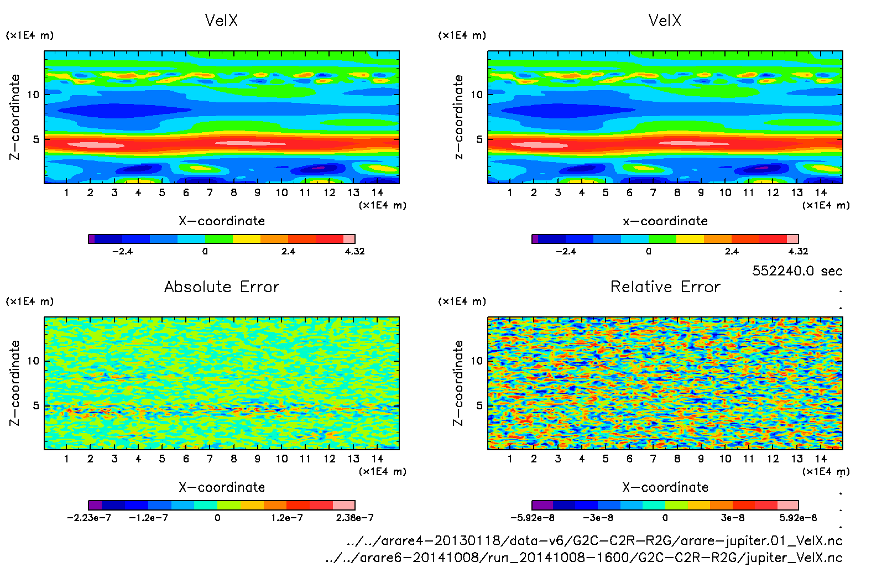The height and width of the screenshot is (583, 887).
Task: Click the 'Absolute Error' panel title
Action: [x=222, y=287]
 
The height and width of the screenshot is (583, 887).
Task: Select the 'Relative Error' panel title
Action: [x=665, y=287]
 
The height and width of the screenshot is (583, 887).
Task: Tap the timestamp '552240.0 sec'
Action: [x=797, y=271]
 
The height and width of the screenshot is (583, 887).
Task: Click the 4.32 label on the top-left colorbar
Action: [x=354, y=251]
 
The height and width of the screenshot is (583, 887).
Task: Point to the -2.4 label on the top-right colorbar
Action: [x=566, y=251]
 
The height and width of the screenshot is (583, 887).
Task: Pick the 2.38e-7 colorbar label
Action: [x=354, y=518]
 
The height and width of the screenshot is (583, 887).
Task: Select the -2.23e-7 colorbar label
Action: [x=88, y=518]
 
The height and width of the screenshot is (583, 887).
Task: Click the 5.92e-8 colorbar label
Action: [x=798, y=518]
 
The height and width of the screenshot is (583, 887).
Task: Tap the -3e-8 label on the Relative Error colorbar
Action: [x=597, y=518]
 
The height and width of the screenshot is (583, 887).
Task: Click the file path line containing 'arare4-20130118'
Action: [x=594, y=540]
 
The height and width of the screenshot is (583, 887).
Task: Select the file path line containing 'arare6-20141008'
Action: [x=584, y=558]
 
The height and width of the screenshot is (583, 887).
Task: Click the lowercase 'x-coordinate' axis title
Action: [x=665, y=221]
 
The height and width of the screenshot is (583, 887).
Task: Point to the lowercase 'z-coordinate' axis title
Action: [x=458, y=117]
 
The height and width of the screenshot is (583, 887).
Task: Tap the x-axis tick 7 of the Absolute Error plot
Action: [x=210, y=459]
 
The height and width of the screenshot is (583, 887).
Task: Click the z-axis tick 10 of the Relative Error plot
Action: [x=477, y=361]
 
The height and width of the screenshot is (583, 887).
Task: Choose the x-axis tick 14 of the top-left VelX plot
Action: [x=377, y=192]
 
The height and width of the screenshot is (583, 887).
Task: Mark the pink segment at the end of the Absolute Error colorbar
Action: [x=343, y=505]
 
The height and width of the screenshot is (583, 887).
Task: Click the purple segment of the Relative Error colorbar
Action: [x=542, y=505]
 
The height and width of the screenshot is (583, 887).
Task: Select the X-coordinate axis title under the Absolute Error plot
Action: [x=222, y=487]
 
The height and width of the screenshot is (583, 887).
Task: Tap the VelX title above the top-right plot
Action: [x=665, y=20]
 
